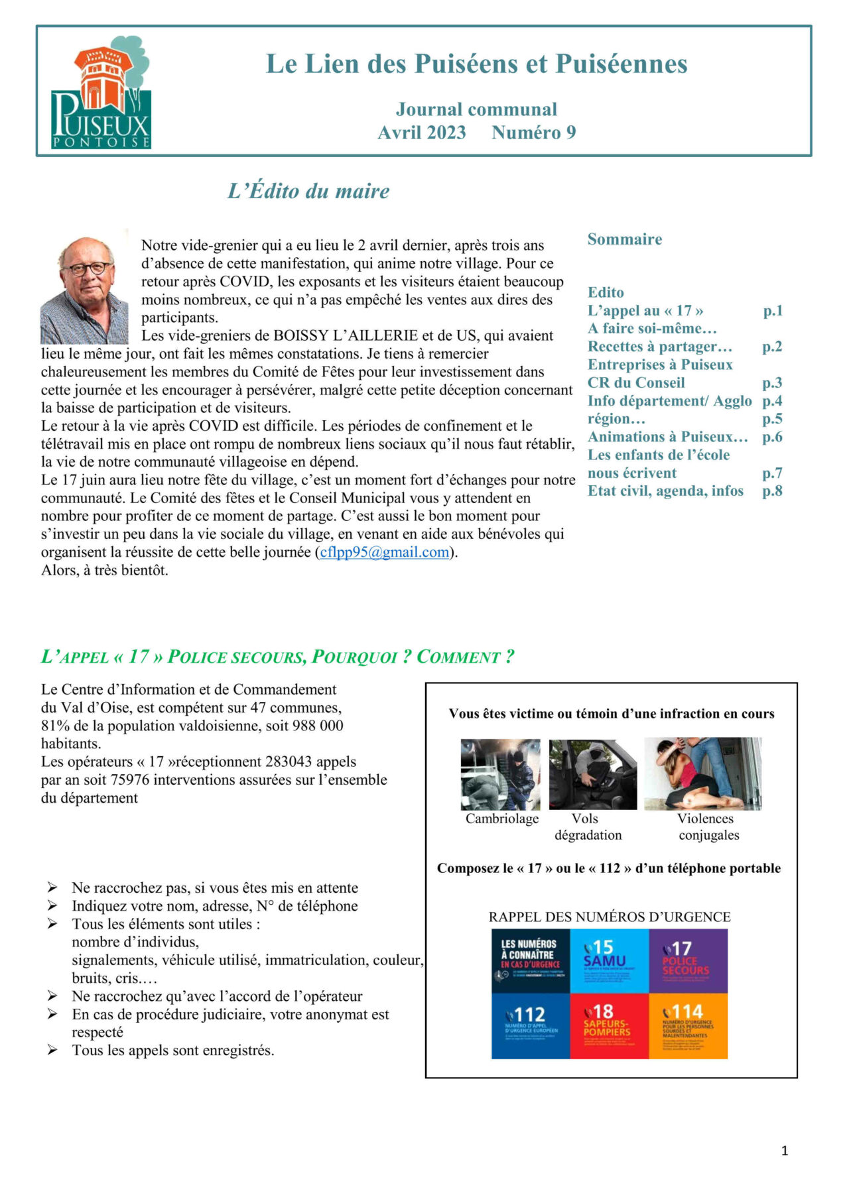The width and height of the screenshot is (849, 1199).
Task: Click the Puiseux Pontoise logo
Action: point(101,93)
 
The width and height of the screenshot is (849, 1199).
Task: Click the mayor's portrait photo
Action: point(84,290)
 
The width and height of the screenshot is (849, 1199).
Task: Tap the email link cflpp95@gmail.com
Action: point(384,552)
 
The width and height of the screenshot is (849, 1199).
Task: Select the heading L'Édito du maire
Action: point(308,191)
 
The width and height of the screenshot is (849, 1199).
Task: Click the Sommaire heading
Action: point(624,239)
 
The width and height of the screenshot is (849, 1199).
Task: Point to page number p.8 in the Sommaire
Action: point(772,491)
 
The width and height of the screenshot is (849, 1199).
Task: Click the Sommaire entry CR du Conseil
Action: point(635,383)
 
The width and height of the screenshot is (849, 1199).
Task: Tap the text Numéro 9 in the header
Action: point(533,133)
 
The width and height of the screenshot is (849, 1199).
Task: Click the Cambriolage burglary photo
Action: point(501,774)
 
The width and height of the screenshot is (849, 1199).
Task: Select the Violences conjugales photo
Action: point(702,773)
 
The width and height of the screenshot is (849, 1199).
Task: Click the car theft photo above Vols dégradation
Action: point(592,774)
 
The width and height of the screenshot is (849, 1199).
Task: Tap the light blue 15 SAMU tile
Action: point(608,960)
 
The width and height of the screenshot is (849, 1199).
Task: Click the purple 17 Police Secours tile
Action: point(688,960)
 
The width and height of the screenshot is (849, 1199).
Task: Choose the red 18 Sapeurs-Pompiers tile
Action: point(608,1025)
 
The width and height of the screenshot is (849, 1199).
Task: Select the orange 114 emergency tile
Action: point(688,1025)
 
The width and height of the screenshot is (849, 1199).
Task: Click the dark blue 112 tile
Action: point(530,1025)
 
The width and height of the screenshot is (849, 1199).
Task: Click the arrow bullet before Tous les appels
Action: point(52,1051)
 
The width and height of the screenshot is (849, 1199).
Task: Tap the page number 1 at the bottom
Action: point(785,1151)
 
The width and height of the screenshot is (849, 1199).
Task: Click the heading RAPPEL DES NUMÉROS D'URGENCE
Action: point(609,917)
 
